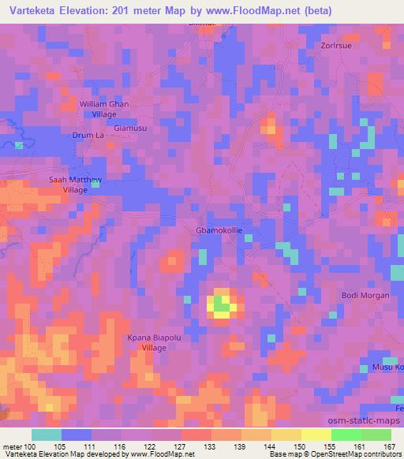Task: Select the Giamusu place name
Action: [129, 126]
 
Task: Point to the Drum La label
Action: [90, 136]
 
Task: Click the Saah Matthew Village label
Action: [76, 185]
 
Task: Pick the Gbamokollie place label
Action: [219, 231]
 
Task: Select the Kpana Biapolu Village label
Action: [155, 341]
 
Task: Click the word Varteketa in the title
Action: [30, 11]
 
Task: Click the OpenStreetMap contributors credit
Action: [353, 454]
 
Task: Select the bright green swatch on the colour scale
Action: [346, 435]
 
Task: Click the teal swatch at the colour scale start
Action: [47, 435]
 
